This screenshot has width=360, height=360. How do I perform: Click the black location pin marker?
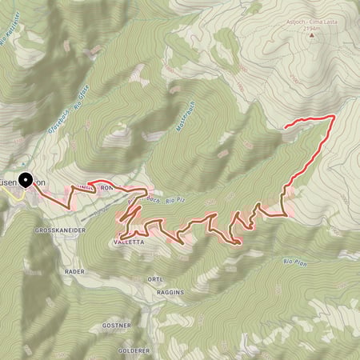[x=26, y=181]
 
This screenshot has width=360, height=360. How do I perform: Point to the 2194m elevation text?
[x=309, y=33]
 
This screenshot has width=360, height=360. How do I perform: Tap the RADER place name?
[x=74, y=271]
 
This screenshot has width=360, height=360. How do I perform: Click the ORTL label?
[x=156, y=278]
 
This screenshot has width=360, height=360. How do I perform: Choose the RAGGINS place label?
[x=170, y=293]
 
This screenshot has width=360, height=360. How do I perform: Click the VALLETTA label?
[x=130, y=241]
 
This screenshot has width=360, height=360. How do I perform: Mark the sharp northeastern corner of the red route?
[x=332, y=117]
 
